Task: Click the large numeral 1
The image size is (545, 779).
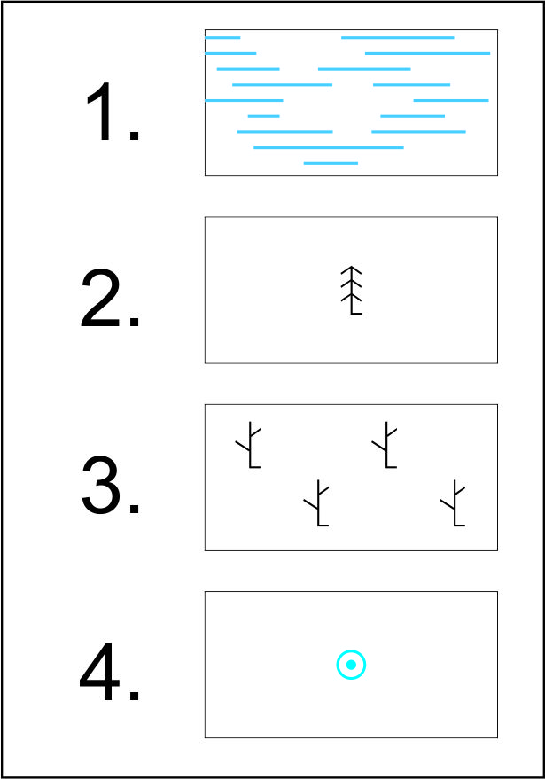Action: (x=101, y=112)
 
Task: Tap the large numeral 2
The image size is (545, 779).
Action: (x=100, y=298)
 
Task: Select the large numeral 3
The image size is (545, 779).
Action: (x=100, y=485)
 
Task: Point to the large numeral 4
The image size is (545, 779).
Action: (x=99, y=671)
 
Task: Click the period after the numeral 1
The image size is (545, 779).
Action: (x=134, y=135)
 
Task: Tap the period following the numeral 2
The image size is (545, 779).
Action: (x=134, y=322)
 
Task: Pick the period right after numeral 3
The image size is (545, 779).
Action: (x=134, y=508)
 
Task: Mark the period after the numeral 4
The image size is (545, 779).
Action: (x=134, y=695)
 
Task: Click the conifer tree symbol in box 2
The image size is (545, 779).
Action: (x=351, y=291)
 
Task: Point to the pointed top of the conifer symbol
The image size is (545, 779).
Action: (x=351, y=266)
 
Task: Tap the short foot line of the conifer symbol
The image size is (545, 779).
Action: (x=356, y=314)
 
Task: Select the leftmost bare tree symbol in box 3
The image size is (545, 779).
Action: (x=249, y=445)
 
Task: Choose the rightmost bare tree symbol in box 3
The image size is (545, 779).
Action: (x=454, y=503)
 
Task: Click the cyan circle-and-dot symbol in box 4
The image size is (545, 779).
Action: (x=351, y=665)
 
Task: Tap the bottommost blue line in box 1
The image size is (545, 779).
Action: (x=331, y=163)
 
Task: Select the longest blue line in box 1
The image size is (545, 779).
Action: (x=329, y=147)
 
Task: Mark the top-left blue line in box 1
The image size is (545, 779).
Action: (x=222, y=38)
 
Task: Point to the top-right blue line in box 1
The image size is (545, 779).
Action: (x=397, y=38)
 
